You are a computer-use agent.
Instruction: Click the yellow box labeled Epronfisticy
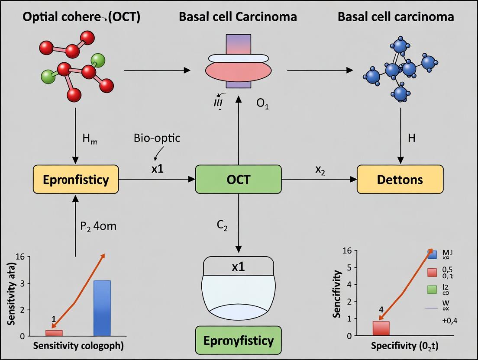click(x=76, y=179)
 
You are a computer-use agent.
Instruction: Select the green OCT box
click(x=238, y=179)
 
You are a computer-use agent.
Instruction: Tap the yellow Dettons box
click(x=400, y=179)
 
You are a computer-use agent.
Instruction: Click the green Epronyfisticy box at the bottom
click(x=238, y=340)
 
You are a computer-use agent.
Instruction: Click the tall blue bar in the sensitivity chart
click(x=102, y=308)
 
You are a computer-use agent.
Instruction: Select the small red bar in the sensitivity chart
click(x=54, y=333)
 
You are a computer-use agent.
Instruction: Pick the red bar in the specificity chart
click(x=381, y=328)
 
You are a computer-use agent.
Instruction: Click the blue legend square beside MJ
click(x=432, y=254)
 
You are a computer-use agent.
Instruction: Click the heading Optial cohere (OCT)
click(x=81, y=17)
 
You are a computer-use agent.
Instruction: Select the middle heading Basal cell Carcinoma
click(x=238, y=17)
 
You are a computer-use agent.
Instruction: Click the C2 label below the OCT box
click(x=222, y=225)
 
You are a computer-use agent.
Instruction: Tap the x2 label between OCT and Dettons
click(x=320, y=170)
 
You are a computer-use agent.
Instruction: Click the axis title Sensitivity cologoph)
click(x=78, y=346)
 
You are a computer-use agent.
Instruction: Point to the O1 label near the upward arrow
click(x=262, y=105)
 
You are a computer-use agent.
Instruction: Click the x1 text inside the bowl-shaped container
click(x=238, y=267)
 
